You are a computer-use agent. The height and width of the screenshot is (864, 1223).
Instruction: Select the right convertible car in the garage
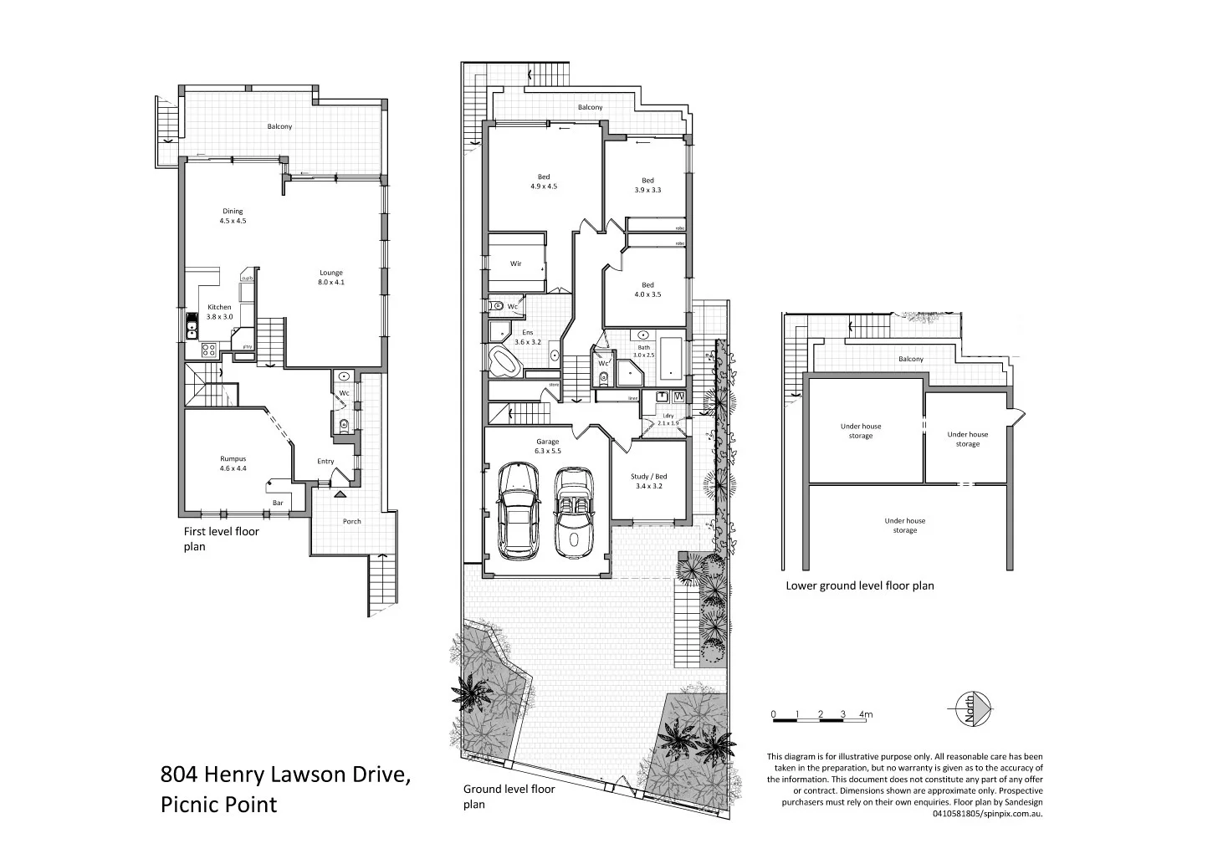coord(574,512)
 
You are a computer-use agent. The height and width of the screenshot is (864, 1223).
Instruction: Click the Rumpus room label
coord(233,463)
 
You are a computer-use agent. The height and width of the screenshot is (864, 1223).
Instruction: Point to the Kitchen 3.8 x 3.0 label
coord(219,312)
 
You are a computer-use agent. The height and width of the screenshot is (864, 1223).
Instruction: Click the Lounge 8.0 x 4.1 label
coord(330,277)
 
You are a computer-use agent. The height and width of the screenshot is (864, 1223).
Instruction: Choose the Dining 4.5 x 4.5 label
coord(233,216)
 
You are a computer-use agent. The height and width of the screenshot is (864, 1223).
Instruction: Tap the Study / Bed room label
coord(647,481)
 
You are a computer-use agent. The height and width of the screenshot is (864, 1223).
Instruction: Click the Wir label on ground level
coord(516,263)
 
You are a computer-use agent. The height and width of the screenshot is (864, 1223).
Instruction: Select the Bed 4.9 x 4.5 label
coord(543,181)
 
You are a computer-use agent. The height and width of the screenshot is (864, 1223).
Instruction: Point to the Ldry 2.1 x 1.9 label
coord(668,419)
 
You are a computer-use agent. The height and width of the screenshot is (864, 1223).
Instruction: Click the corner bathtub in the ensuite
coord(504,362)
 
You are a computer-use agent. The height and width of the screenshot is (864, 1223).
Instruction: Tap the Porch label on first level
coord(352,521)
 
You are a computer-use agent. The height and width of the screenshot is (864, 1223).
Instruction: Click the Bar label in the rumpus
coord(278,503)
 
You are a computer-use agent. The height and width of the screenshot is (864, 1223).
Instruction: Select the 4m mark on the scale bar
coord(866,714)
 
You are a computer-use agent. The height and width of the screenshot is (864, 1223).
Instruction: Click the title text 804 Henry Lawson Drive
coord(284,775)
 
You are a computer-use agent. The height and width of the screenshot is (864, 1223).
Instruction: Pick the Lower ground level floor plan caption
coord(859,585)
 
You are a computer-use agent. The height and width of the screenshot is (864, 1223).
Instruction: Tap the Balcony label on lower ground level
coord(911,359)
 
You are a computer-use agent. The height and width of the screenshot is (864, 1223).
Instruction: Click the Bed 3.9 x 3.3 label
coord(647,185)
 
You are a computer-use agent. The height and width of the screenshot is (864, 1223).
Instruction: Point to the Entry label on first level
coord(325,461)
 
